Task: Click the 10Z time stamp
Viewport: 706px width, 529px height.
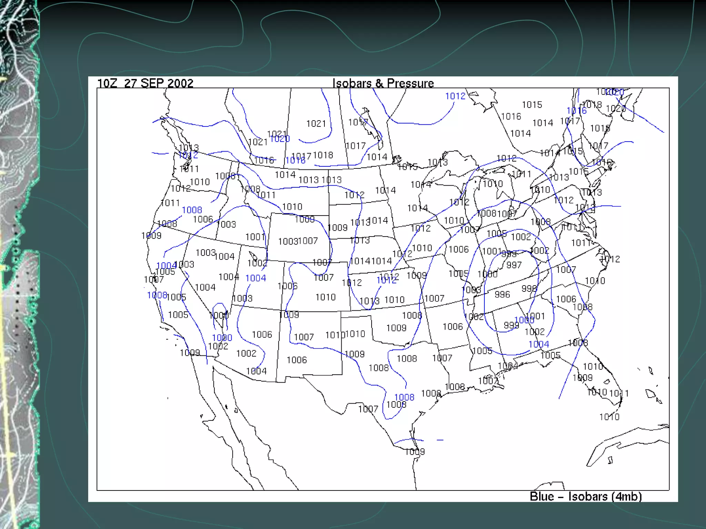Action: click(107, 83)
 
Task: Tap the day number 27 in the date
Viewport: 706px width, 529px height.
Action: click(130, 83)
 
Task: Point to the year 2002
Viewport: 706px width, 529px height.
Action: click(180, 83)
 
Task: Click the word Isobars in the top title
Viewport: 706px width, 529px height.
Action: click(352, 83)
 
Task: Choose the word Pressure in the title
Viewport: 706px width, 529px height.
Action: click(410, 83)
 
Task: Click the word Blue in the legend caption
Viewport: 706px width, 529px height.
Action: click(542, 497)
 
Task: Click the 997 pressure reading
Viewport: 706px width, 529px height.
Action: click(514, 265)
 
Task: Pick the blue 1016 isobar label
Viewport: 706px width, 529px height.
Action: click(576, 111)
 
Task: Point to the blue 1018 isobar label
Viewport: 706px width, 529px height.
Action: click(295, 160)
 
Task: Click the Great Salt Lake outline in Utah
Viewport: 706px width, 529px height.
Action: click(253, 256)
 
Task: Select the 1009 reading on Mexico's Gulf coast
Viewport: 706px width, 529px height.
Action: click(415, 452)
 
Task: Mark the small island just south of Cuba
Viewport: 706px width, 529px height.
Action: click(610, 460)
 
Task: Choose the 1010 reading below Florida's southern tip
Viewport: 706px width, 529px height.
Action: click(609, 417)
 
